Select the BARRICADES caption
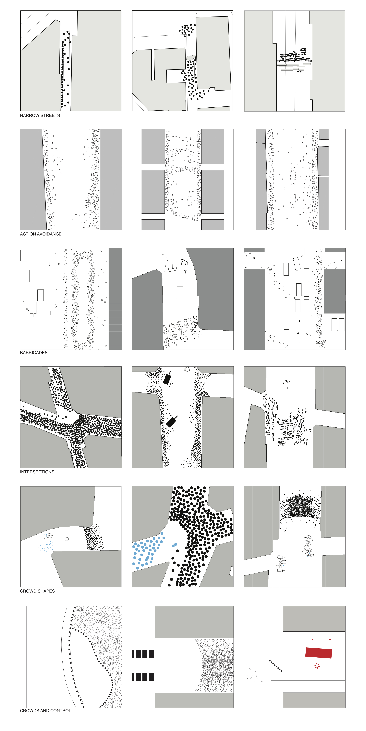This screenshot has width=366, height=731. coord(34,353)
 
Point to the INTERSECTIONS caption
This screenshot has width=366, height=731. coord(37,472)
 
